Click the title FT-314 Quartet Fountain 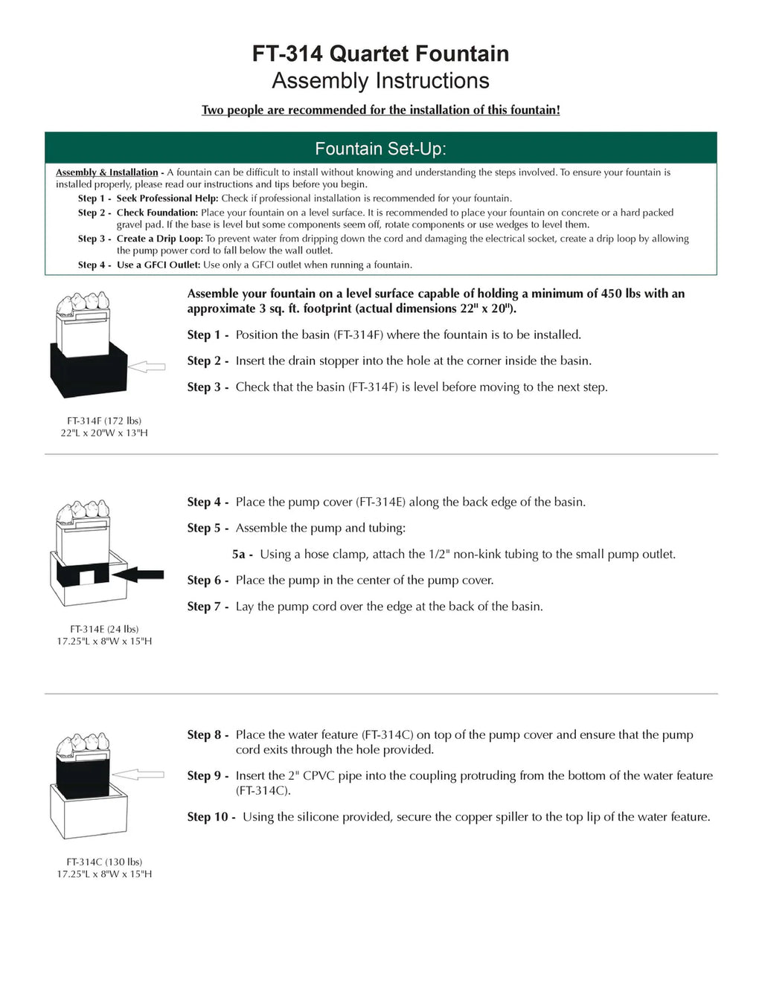[380, 54]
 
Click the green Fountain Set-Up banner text [380, 149]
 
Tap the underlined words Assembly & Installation [106, 172]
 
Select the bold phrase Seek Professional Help [167, 198]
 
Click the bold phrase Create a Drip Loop [159, 239]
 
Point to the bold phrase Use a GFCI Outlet [158, 265]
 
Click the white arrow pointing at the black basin [147, 366]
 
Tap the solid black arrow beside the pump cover [139, 573]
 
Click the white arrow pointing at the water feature [139, 775]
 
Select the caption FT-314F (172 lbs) [104, 421]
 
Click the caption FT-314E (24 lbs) [104, 629]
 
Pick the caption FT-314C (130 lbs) [104, 862]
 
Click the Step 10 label [211, 817]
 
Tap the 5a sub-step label [242, 555]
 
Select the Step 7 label [207, 607]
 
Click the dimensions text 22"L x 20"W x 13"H [104, 433]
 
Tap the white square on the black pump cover [87, 575]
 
